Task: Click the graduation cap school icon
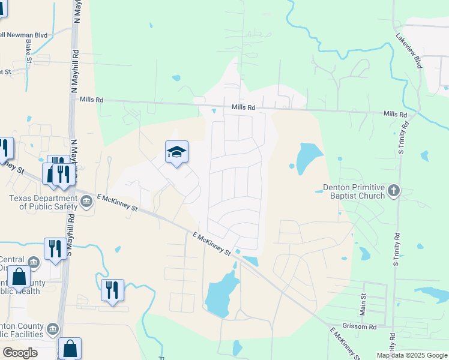click(177, 152)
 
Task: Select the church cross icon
click(394, 191)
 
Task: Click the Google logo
click(20, 352)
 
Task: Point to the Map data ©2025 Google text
click(412, 355)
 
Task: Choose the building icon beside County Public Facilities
click(53, 329)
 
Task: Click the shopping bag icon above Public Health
click(19, 277)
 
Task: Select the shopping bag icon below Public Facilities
click(70, 347)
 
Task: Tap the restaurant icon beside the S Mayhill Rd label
click(55, 248)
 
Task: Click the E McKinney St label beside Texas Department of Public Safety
click(118, 202)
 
